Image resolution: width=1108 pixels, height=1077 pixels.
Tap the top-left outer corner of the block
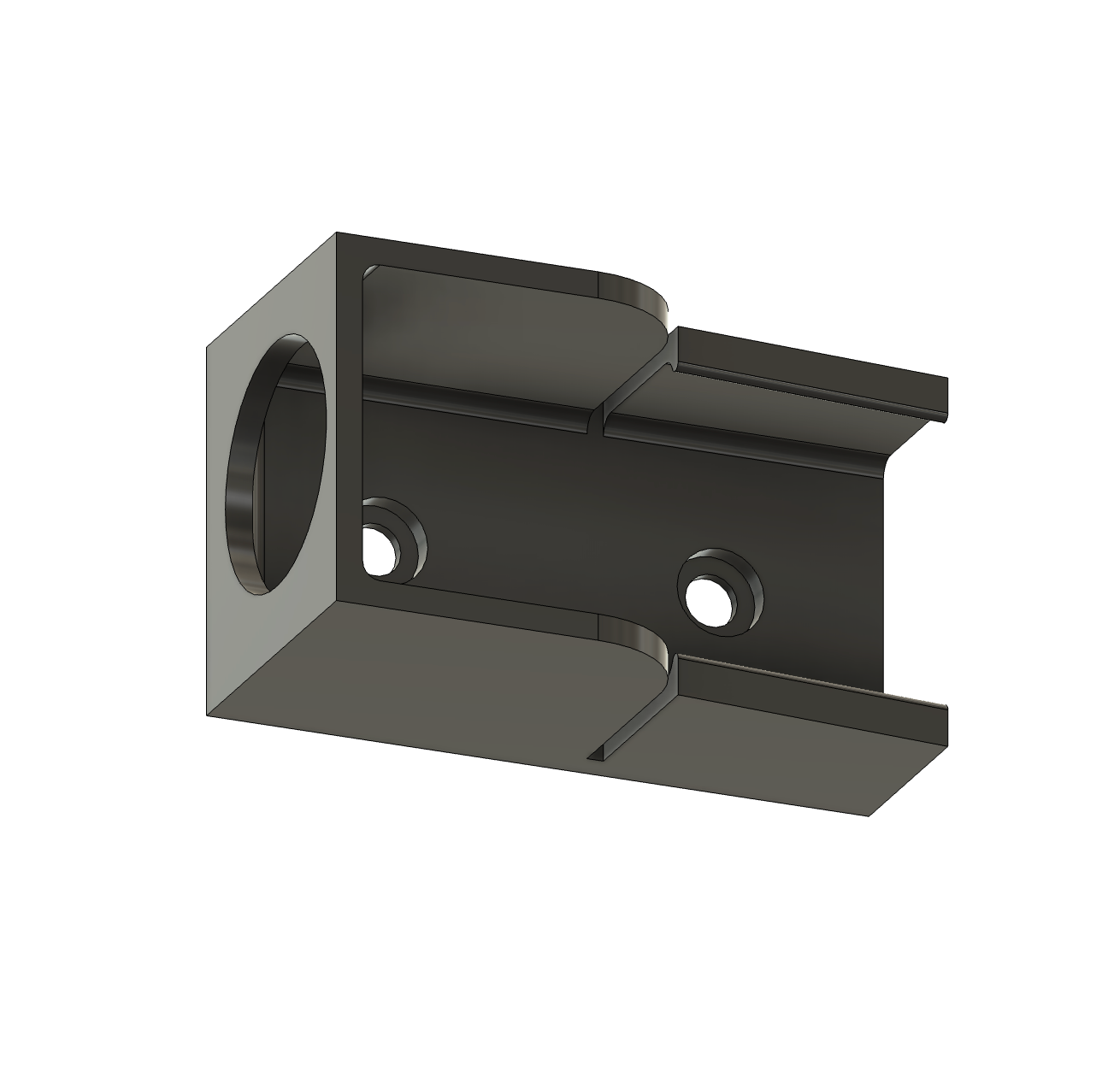(337, 233)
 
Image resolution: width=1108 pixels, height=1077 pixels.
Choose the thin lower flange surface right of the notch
(769, 752)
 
